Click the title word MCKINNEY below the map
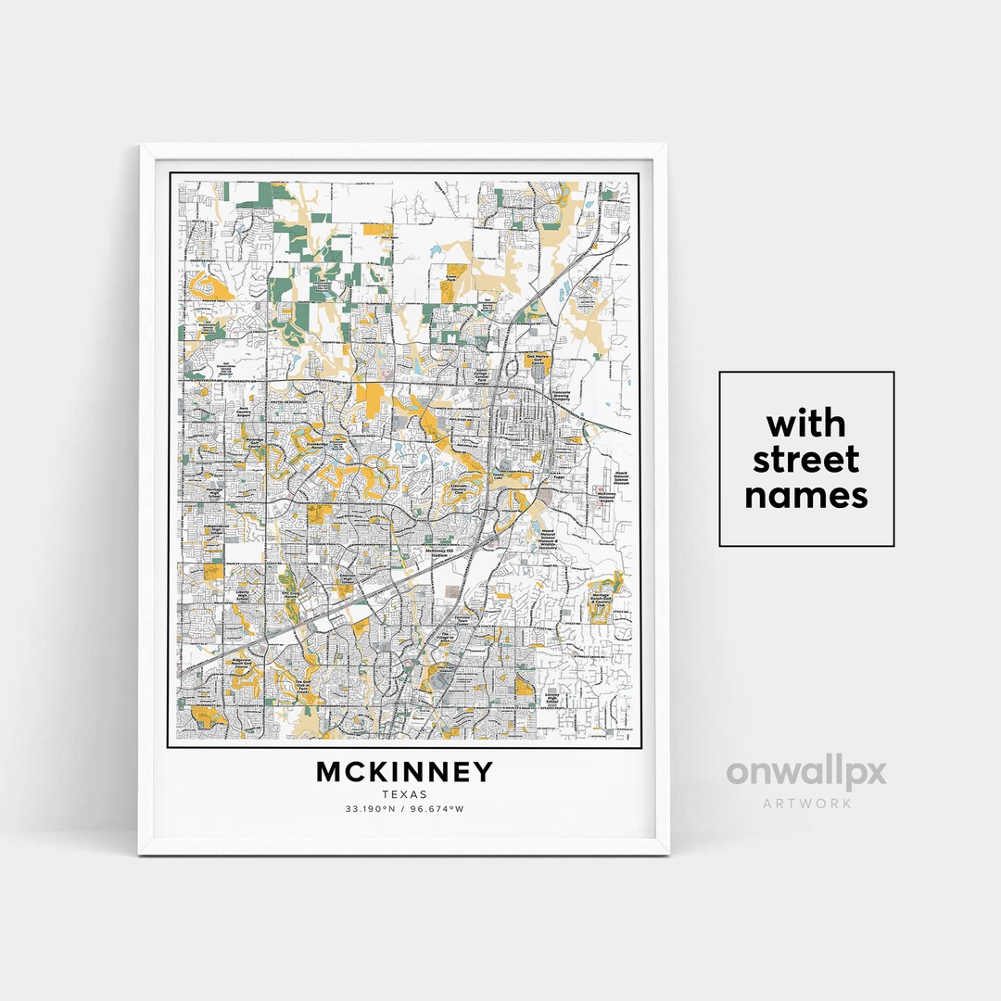(405, 772)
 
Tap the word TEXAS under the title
(405, 794)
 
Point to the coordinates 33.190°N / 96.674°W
(405, 809)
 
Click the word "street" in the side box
(806, 460)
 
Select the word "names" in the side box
(806, 495)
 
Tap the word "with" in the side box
(806, 424)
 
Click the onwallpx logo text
(805, 773)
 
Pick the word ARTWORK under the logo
(806, 804)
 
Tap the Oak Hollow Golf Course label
(539, 359)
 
